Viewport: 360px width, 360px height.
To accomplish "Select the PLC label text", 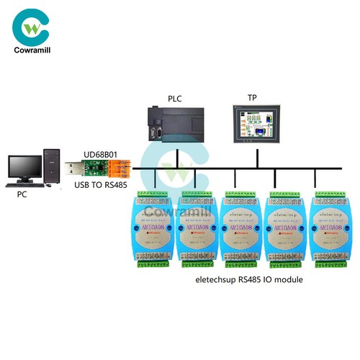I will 176,98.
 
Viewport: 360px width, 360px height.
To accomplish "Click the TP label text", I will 252,98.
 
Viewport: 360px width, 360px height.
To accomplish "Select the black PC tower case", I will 51,165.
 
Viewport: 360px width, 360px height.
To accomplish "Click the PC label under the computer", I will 24,194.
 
